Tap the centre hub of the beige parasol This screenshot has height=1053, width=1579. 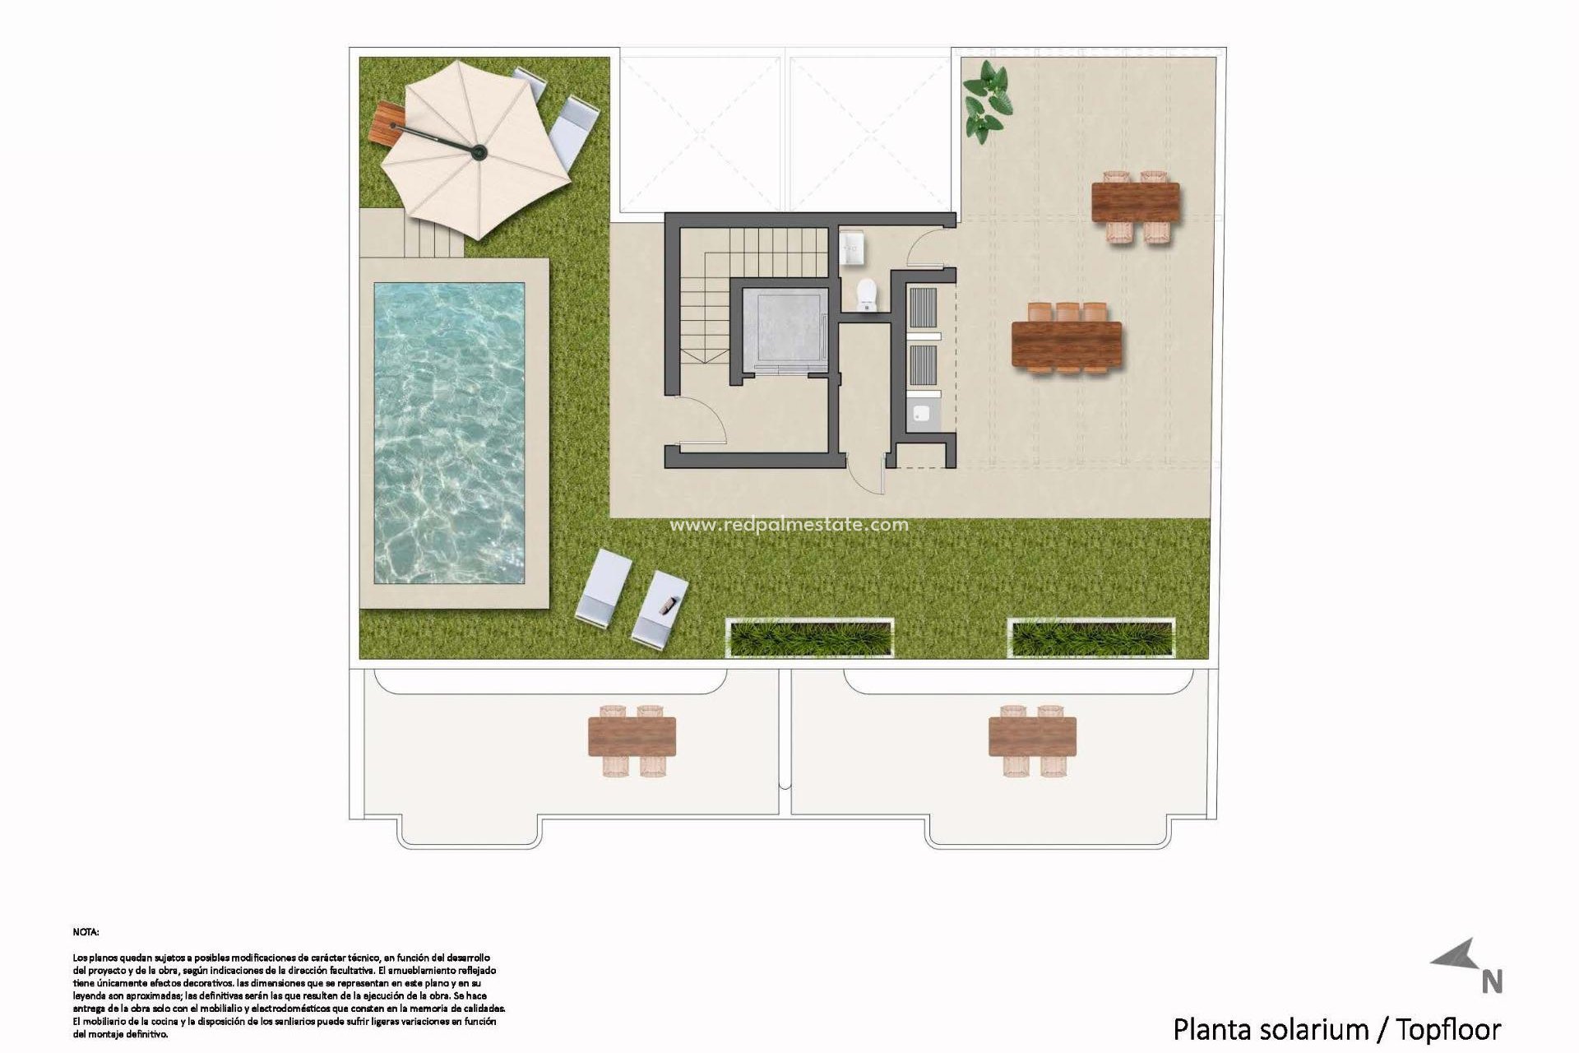[479, 151]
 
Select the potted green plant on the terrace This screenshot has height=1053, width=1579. [987, 102]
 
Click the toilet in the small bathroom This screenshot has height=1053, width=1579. [866, 295]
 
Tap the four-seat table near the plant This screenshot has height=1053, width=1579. [1135, 202]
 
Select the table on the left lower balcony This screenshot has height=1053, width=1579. [632, 736]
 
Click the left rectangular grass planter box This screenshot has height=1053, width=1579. [810, 638]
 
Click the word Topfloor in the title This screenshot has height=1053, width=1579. [1449, 1029]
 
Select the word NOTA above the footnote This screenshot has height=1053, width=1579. [86, 932]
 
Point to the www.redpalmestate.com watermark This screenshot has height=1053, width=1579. [789, 525]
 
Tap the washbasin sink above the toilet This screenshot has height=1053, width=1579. [852, 247]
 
